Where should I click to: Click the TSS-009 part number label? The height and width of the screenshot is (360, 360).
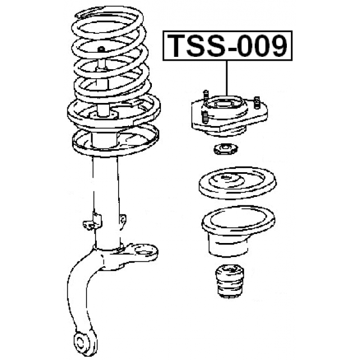tap(227, 46)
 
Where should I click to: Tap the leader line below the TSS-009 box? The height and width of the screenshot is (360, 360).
tap(227, 78)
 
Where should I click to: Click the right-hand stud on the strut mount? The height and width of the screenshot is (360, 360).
tap(257, 102)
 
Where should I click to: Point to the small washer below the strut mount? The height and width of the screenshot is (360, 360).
tap(226, 149)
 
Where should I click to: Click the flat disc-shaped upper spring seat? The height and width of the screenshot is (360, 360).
tap(237, 183)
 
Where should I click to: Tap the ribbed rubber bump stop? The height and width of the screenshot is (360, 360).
tap(229, 281)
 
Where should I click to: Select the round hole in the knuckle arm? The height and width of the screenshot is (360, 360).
tap(144, 251)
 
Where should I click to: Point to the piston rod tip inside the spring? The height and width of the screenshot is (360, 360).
tap(101, 49)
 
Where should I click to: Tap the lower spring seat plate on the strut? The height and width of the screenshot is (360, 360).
tap(115, 141)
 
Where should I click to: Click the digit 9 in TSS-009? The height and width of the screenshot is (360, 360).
tap(278, 46)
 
